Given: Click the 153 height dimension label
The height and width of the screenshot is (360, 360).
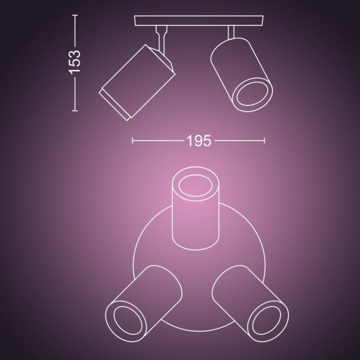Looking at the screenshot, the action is [x=75, y=62].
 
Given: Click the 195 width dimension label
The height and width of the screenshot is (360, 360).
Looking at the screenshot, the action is [x=199, y=141].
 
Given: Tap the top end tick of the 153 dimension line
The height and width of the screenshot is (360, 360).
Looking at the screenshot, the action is [x=75, y=15].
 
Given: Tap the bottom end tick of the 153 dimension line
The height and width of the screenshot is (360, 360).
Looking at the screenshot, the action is [x=75, y=111].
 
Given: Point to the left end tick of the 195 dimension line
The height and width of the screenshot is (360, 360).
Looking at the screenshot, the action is [x=133, y=141].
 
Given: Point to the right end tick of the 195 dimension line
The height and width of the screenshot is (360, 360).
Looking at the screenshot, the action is [x=265, y=141].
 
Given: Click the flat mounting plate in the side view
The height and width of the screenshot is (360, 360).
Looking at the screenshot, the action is [x=199, y=21].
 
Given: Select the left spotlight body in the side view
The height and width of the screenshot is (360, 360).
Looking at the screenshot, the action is [x=137, y=83].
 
